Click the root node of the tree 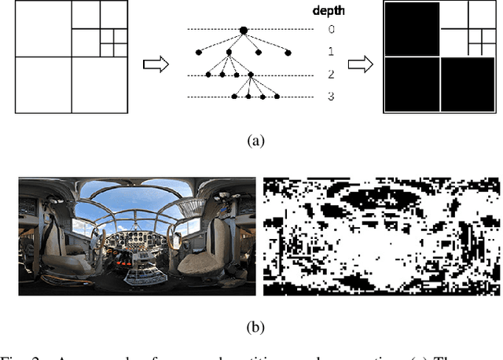(244, 31)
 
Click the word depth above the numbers (329, 11)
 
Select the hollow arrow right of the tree (360, 64)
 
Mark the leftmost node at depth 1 (198, 53)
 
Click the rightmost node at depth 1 (288, 53)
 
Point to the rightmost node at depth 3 (274, 97)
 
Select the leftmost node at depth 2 (207, 75)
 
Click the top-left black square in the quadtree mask (411, 29)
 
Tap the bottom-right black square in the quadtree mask (469, 84)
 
